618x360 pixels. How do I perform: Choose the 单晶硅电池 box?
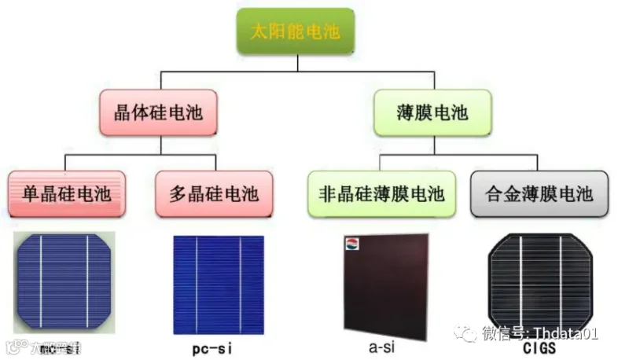(66, 193)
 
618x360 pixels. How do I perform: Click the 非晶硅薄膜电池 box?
(381, 193)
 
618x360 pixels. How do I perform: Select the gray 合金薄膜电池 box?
(539, 193)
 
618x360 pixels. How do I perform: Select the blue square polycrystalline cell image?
(214, 284)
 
